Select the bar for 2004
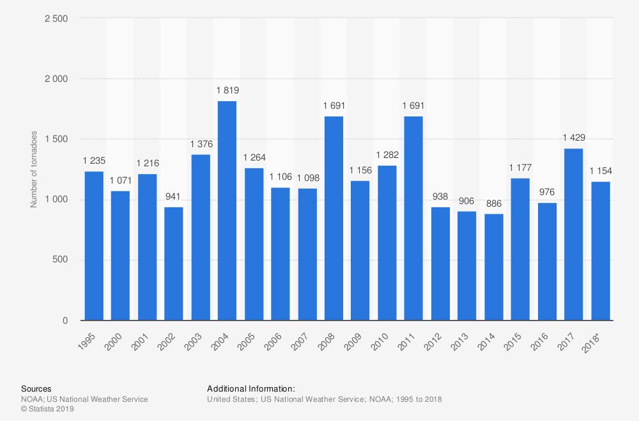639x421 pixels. pyautogui.click(x=227, y=211)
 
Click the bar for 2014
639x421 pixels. pyautogui.click(x=493, y=267)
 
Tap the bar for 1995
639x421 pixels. pyautogui.click(x=94, y=246)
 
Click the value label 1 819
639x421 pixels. pyautogui.click(x=227, y=91)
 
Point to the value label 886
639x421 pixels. pyautogui.click(x=493, y=203)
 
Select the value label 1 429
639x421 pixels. pyautogui.click(x=573, y=138)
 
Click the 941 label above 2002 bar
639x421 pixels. pyautogui.click(x=174, y=197)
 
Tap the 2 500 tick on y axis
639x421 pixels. pyautogui.click(x=56, y=19)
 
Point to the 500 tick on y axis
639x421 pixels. pyautogui.click(x=61, y=260)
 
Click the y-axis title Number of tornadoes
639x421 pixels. pyautogui.click(x=34, y=170)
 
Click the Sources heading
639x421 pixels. pyautogui.click(x=36, y=388)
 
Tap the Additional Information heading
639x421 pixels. pyautogui.click(x=250, y=388)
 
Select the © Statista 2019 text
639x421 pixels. pyautogui.click(x=47, y=409)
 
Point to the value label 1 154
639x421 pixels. pyautogui.click(x=600, y=171)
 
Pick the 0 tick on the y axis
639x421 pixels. pyautogui.click(x=66, y=321)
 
